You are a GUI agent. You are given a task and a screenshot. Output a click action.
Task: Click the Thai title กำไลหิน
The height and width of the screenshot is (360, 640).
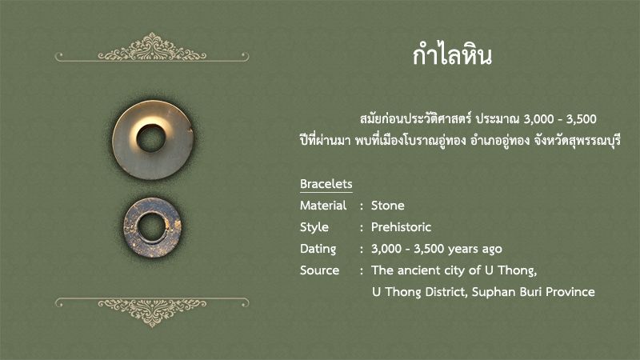click(452, 54)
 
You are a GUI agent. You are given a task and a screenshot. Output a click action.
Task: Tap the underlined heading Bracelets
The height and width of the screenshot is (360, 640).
click(326, 184)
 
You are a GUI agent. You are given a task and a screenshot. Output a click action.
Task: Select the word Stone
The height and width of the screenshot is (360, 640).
click(388, 206)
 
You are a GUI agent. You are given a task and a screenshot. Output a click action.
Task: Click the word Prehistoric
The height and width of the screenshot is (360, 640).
click(401, 227)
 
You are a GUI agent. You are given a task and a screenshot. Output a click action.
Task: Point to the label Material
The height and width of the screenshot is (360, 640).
click(323, 206)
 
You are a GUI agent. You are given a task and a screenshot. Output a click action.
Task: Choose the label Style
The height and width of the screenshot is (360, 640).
click(314, 227)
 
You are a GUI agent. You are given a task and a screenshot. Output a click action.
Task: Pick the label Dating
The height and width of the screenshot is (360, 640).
click(318, 249)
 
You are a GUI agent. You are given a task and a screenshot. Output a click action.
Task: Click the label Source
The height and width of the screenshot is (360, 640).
click(319, 270)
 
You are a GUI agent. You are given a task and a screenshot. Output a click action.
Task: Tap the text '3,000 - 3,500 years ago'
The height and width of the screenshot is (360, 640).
click(436, 249)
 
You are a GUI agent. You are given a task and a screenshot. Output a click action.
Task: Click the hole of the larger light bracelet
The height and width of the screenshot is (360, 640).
click(151, 138)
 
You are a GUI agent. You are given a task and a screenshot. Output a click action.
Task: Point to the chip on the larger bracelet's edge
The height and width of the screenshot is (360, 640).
click(190, 130)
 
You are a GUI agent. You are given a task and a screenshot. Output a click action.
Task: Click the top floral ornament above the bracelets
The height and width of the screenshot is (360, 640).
click(152, 48)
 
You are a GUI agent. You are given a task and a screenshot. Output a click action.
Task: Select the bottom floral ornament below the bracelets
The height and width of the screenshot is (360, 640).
click(152, 312)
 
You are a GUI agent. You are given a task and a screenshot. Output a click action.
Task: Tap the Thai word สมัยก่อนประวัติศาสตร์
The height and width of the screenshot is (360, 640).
click(415, 118)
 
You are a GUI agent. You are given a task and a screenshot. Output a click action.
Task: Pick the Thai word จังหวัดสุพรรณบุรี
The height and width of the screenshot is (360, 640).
click(577, 141)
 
